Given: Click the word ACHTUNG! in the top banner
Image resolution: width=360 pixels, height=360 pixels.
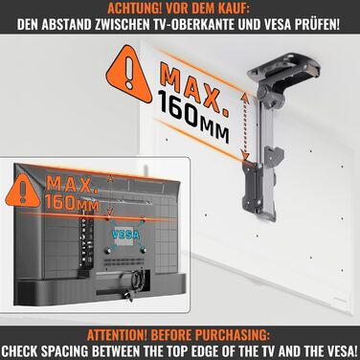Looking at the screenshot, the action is pos(131,8).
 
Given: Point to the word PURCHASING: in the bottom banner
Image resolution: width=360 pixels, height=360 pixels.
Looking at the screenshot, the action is pos(236,335).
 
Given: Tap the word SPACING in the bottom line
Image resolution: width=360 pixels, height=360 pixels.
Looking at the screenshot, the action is pos(67,351).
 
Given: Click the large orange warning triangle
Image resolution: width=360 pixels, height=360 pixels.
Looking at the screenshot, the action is pos(129,75).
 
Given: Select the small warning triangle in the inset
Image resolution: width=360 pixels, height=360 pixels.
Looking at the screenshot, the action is pos(22,191).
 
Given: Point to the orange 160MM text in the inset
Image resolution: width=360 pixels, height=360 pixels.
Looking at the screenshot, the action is pos(72,203).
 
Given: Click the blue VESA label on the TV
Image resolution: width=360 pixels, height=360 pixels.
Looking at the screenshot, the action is pos(126,235).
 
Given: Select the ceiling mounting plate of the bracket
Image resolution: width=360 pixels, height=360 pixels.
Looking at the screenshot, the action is pos(284,66).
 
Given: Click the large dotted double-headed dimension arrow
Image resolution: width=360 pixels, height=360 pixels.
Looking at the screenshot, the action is pos(245,125).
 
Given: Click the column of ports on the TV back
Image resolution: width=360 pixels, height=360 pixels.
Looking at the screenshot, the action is pos(85,240).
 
